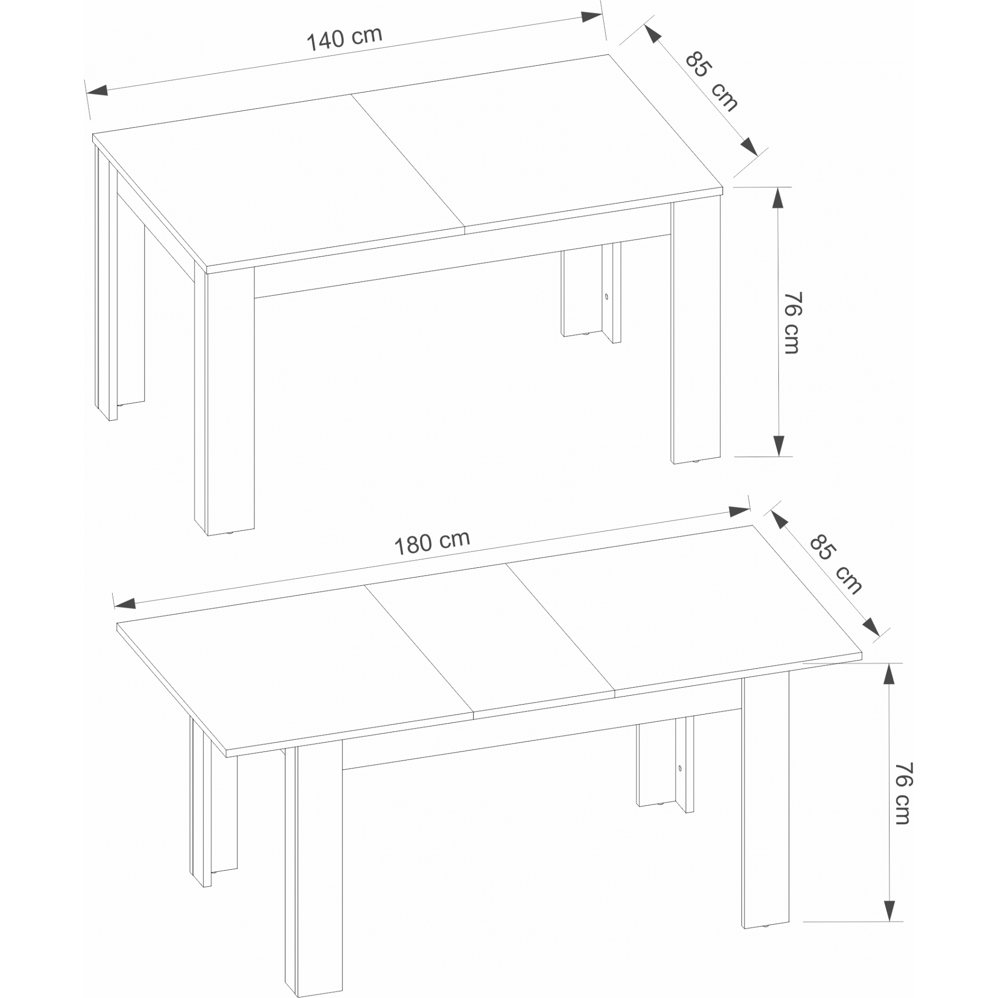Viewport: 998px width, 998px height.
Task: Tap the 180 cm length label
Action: click(x=432, y=542)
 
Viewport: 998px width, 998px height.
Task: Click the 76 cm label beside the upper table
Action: click(x=792, y=323)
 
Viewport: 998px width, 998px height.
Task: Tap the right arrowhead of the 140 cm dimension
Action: click(x=591, y=16)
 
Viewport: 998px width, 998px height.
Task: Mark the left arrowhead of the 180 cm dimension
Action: click(x=124, y=603)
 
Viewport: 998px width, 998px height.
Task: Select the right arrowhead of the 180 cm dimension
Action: click(x=739, y=511)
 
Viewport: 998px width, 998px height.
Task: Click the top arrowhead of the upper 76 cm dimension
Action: click(x=778, y=198)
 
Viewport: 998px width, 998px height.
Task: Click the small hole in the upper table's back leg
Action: click(x=606, y=297)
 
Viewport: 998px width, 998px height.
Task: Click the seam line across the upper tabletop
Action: click(x=408, y=161)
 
